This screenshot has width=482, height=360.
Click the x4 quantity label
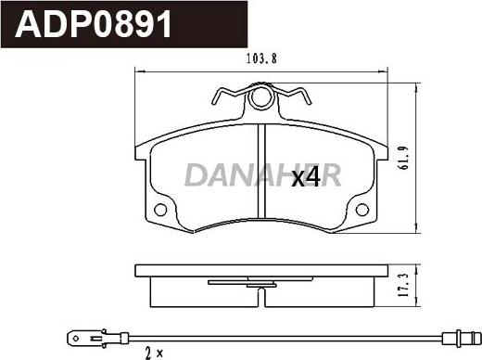306,177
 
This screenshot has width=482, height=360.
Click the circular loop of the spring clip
263,97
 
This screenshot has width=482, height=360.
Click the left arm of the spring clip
227,96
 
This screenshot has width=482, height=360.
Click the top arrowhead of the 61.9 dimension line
420,79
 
